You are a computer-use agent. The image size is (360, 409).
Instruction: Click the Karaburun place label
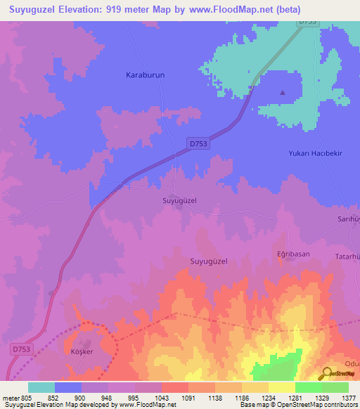tap(145, 74)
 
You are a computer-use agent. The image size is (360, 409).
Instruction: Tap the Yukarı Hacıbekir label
tap(315, 153)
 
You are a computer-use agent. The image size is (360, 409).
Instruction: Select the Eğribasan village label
tap(292, 253)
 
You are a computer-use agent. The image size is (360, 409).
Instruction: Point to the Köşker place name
tap(82, 351)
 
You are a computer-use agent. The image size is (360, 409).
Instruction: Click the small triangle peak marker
tap(283, 92)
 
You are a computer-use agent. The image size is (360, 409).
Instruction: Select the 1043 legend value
tap(161, 398)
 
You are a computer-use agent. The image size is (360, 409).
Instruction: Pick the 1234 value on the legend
tap(268, 398)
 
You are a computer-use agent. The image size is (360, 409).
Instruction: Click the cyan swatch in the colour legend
tap(41, 387)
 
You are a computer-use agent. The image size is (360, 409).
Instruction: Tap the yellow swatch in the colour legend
tap(281, 387)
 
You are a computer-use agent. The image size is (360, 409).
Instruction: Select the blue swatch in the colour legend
tap(68, 387)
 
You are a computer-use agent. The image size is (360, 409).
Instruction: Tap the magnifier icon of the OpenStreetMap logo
tap(326, 374)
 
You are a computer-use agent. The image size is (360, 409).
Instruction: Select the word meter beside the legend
tap(10, 398)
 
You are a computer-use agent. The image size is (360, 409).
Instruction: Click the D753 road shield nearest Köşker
tap(21, 349)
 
